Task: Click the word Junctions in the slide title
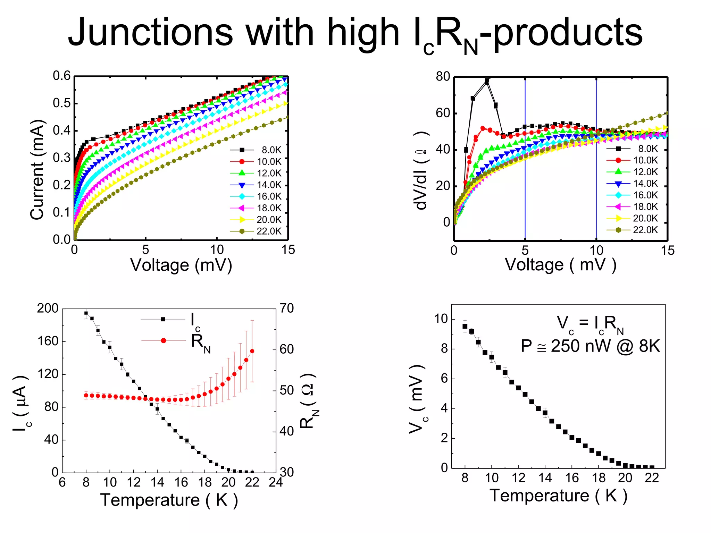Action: [x=150, y=33]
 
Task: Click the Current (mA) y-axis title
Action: [x=37, y=170]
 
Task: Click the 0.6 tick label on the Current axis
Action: [x=61, y=76]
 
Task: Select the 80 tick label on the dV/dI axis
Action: [x=443, y=76]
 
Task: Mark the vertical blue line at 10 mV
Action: [x=596, y=194]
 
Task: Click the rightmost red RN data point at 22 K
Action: [x=252, y=351]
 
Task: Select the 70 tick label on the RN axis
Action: [x=287, y=308]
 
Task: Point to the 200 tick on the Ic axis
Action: [x=48, y=308]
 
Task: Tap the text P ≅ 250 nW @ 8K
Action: [x=590, y=346]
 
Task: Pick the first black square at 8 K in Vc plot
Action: [x=465, y=326]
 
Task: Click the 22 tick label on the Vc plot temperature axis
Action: [x=652, y=478]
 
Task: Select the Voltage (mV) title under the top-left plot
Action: [x=181, y=265]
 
